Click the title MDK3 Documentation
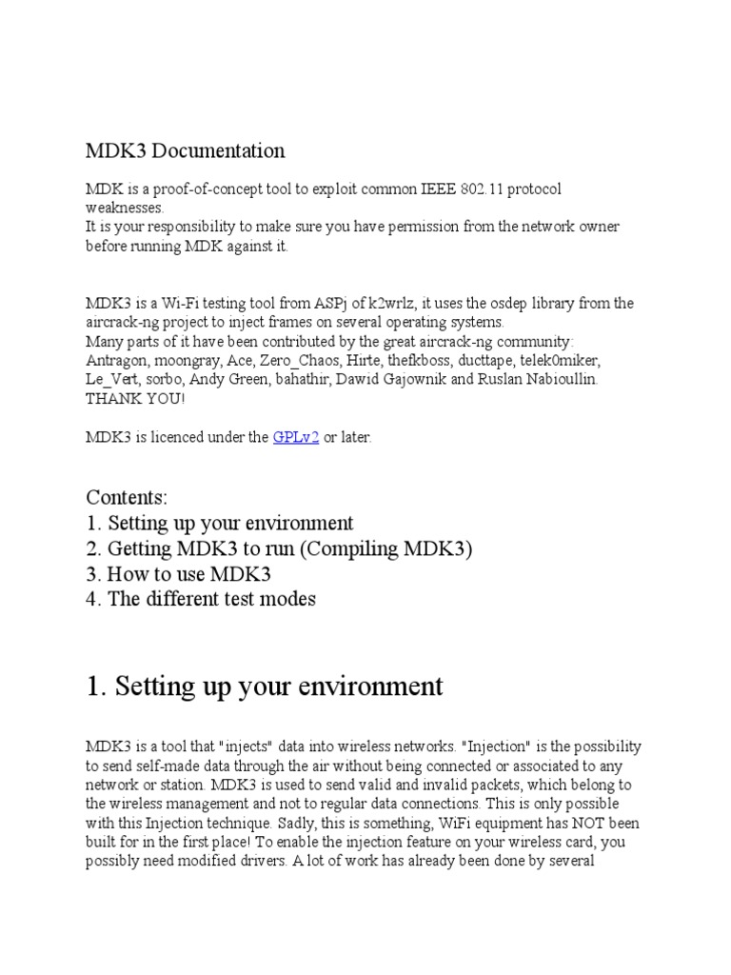(185, 150)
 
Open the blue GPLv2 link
(295, 437)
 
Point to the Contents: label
(127, 497)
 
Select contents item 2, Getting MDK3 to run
(279, 548)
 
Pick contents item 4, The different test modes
(201, 599)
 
